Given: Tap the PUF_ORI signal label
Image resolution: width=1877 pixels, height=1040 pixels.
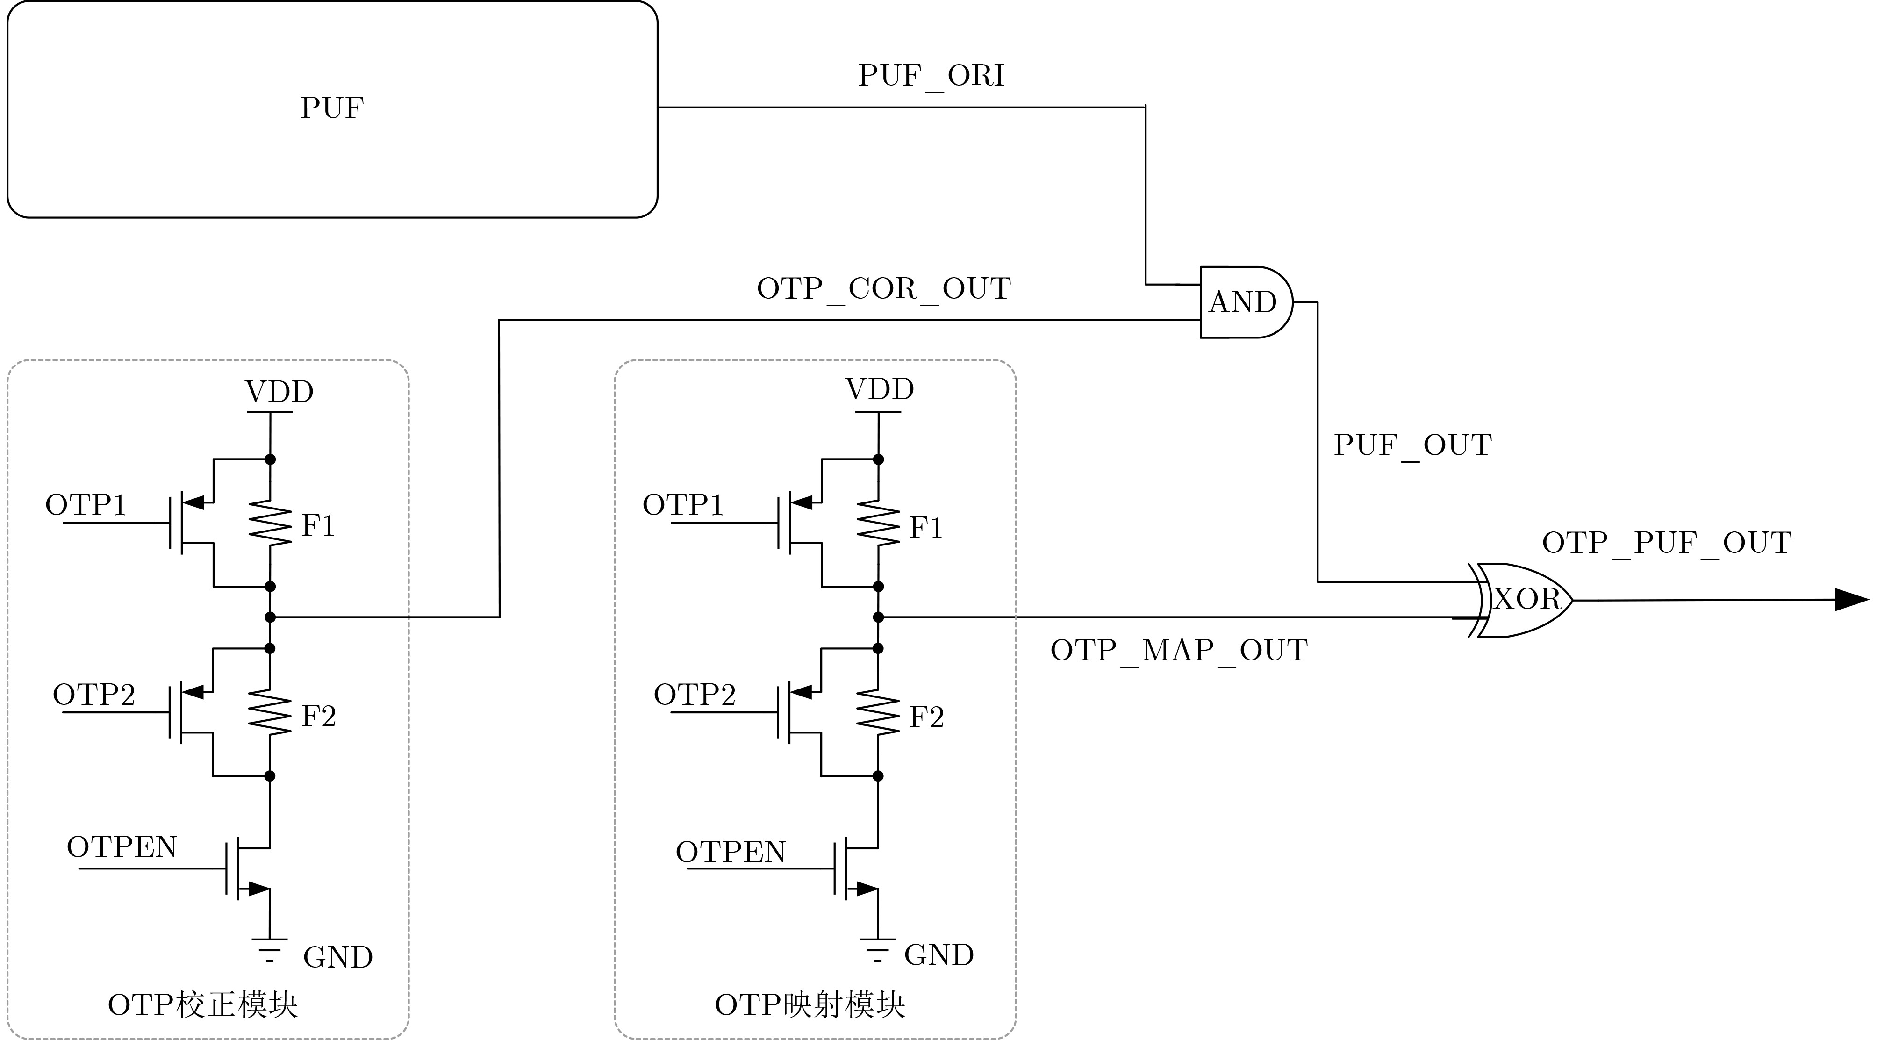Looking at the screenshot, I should coord(931,76).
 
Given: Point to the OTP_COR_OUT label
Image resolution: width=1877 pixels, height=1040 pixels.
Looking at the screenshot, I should coord(883,288).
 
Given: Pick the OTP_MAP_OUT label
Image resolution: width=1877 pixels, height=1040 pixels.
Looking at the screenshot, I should coord(1178,650).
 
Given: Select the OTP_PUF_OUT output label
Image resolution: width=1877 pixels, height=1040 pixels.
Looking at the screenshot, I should coord(1666,543).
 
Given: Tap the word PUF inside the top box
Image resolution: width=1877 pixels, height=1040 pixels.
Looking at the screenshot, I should coord(331,108).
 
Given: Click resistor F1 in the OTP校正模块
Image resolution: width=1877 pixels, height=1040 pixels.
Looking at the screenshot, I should coord(270,523).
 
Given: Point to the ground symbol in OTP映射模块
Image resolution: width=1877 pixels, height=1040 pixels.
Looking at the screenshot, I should coord(878,950).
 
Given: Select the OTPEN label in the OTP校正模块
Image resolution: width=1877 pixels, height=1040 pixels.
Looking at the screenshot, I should coord(122,847).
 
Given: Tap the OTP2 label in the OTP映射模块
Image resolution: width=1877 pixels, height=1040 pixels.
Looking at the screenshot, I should coord(695,695).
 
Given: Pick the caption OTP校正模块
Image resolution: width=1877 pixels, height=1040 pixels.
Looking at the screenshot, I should coord(202,1005).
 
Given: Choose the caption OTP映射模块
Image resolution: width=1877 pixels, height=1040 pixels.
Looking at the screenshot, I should coord(810,1005).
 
